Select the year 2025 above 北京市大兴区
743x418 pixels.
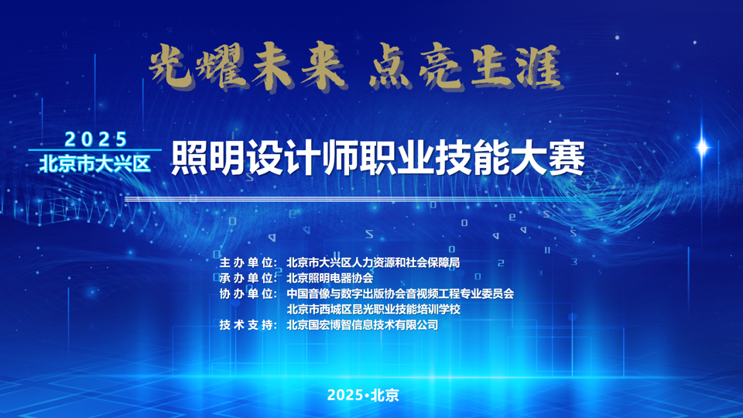click(x=96, y=139)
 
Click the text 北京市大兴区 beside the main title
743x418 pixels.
click(x=95, y=164)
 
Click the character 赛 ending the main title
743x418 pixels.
click(x=567, y=158)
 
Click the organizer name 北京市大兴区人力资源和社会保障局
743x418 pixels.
click(x=373, y=262)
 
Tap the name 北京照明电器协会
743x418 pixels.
click(x=330, y=278)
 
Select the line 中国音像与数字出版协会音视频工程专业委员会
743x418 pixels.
click(x=400, y=294)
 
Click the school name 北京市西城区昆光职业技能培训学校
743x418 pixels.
click(x=373, y=310)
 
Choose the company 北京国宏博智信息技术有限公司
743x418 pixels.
click(x=362, y=325)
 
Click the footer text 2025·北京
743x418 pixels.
click(x=363, y=395)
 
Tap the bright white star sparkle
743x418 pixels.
click(x=702, y=147)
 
